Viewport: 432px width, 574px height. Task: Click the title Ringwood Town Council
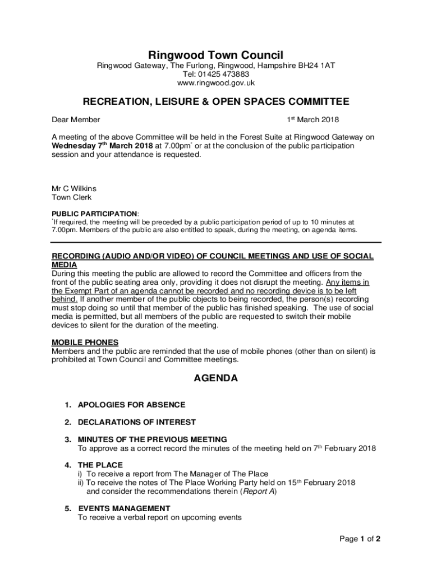(x=216, y=55)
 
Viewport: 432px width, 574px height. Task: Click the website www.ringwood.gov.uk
(x=216, y=83)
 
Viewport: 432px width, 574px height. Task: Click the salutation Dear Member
(x=76, y=119)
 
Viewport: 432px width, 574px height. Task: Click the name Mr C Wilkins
(x=74, y=189)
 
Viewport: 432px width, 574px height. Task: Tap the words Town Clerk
(x=72, y=197)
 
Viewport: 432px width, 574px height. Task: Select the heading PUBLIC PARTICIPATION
(x=94, y=214)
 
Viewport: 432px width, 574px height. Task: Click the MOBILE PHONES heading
(x=85, y=342)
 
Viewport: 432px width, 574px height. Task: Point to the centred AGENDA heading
(x=216, y=378)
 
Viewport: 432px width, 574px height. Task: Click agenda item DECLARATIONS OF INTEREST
(x=137, y=422)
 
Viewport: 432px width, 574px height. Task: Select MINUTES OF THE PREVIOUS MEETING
(x=152, y=439)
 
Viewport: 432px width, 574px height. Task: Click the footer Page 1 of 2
(x=360, y=539)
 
